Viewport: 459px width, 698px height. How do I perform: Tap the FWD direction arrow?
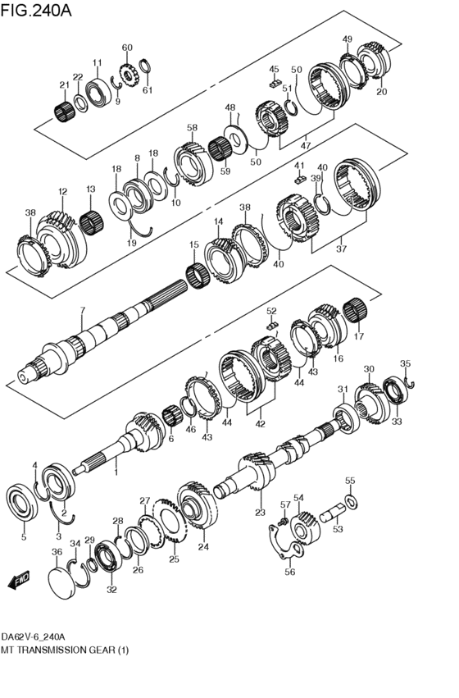pyautogui.click(x=18, y=582)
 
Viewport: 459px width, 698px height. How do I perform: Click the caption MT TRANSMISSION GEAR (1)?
pyautogui.click(x=66, y=650)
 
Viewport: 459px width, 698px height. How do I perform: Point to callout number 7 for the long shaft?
pyautogui.click(x=83, y=309)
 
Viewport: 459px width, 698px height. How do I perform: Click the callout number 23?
pyautogui.click(x=261, y=513)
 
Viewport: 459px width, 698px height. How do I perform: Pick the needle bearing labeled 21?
pyautogui.click(x=64, y=109)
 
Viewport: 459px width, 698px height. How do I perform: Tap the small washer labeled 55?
pyautogui.click(x=350, y=500)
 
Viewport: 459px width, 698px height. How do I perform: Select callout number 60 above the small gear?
pyautogui.click(x=127, y=48)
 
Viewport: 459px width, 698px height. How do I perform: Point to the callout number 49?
pyautogui.click(x=348, y=39)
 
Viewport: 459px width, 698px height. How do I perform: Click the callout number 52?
pyautogui.click(x=271, y=311)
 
